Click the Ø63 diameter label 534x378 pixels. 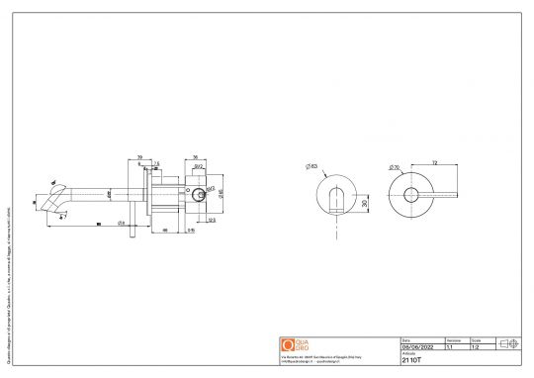[x=311, y=166]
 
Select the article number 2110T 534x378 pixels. [x=412, y=361]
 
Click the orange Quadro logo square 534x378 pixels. [x=289, y=344]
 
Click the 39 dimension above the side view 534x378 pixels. [x=140, y=156]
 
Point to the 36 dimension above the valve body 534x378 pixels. [x=195, y=156]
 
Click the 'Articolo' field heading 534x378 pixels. [x=408, y=355]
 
